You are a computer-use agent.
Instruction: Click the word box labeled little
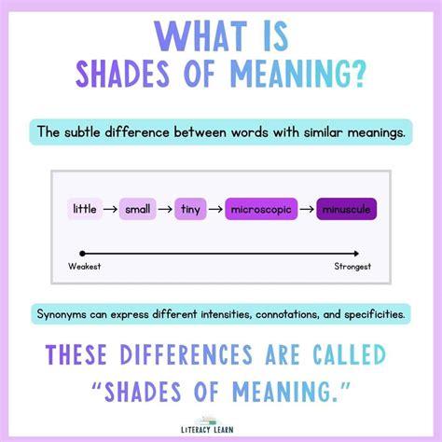tap(85, 209)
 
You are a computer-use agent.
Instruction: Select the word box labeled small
tap(137, 209)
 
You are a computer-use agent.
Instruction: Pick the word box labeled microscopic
tap(257, 209)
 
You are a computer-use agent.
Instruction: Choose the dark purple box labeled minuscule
tap(345, 209)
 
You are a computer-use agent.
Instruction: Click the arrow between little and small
tap(111, 209)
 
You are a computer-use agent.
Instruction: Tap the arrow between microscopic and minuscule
tap(303, 209)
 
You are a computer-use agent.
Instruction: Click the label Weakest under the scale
tap(85, 267)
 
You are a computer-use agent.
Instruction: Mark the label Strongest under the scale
tap(352, 267)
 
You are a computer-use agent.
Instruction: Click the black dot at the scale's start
tap(83, 253)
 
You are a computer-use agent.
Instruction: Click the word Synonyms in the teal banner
tap(65, 314)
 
